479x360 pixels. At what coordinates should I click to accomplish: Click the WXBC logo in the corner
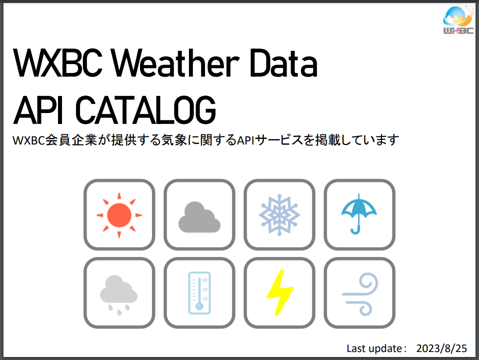[x=458, y=20]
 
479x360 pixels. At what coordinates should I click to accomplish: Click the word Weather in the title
[x=175, y=63]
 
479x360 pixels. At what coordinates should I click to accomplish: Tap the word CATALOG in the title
[x=145, y=109]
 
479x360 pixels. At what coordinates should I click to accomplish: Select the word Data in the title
[x=284, y=63]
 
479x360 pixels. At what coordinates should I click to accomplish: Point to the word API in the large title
[x=38, y=109]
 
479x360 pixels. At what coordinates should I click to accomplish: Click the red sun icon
[x=119, y=215]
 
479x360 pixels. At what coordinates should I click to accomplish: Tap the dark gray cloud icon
[x=199, y=217]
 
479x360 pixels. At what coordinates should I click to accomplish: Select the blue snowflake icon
[x=279, y=215]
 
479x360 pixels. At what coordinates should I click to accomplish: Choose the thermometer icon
[x=199, y=293]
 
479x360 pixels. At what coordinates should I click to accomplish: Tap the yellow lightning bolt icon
[x=280, y=292]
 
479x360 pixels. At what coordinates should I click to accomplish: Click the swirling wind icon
[x=360, y=294]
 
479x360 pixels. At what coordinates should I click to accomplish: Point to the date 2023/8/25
[x=441, y=348]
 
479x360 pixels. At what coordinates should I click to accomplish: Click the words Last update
[x=374, y=348]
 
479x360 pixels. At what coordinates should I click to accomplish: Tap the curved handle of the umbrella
[x=355, y=230]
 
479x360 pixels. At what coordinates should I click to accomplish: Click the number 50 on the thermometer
[x=204, y=280]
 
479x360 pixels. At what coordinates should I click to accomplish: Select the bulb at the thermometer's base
[x=199, y=306]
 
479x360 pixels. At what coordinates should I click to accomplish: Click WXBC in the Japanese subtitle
[x=28, y=140]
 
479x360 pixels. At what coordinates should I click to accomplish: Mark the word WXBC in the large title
[x=57, y=63]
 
